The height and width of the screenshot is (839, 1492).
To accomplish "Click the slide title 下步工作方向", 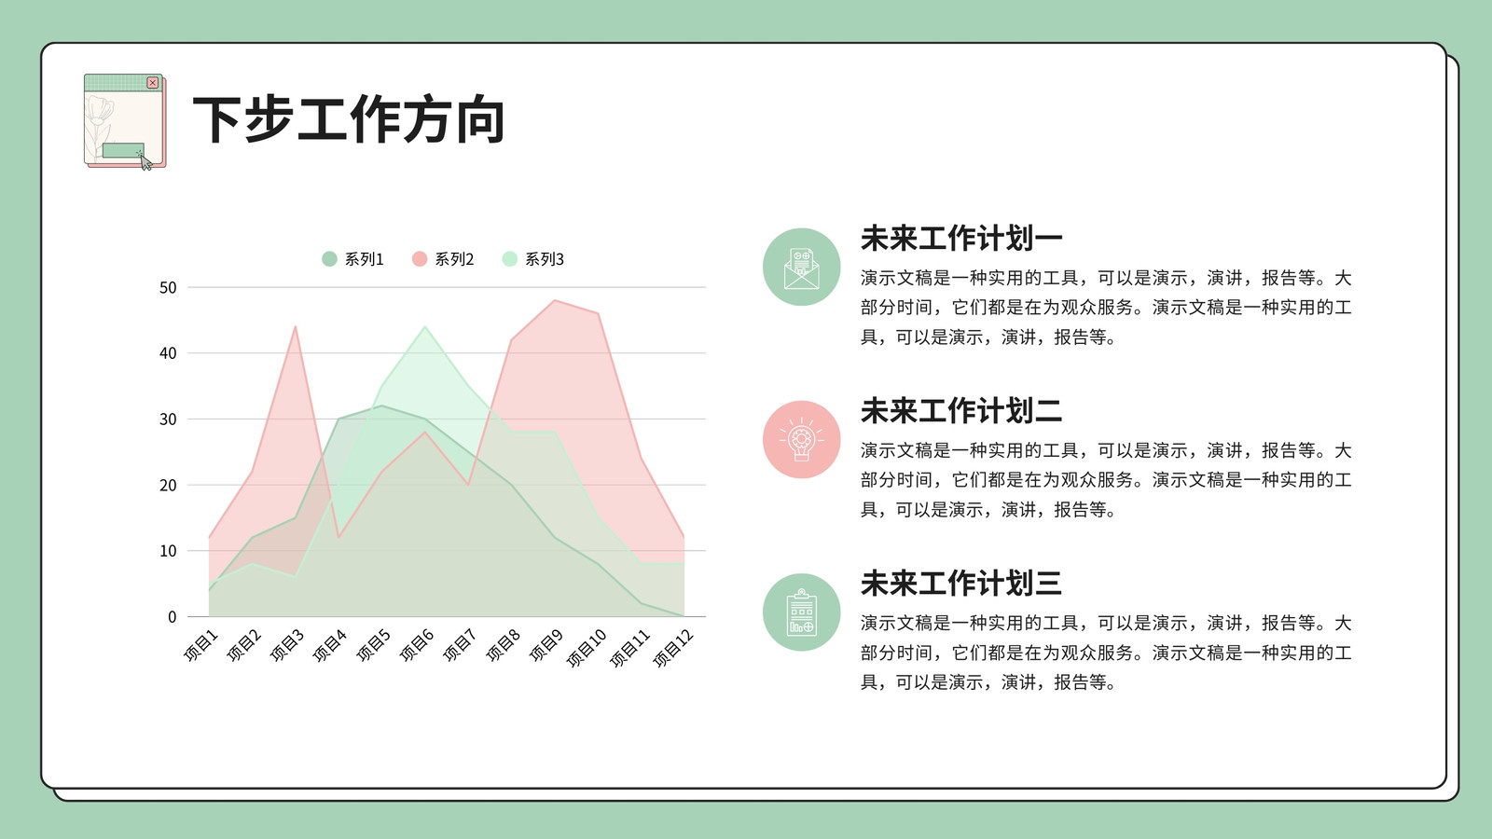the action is tap(349, 120).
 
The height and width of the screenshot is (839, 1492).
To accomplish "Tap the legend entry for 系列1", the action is tap(353, 259).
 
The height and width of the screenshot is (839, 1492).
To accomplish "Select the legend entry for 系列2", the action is tap(443, 259).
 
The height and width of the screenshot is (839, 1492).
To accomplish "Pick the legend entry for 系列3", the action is tap(532, 259).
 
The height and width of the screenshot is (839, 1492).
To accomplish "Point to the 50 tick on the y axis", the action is tap(168, 288).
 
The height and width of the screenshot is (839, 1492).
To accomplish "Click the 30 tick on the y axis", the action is tap(168, 419).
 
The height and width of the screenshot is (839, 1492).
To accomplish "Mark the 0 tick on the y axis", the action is tap(172, 617).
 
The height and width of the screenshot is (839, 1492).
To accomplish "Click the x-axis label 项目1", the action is tap(200, 645).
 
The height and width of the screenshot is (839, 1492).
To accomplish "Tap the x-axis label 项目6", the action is tap(416, 645).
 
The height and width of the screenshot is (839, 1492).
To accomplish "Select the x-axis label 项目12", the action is tap(672, 648).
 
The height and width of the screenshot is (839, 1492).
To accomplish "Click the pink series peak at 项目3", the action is tap(295, 326).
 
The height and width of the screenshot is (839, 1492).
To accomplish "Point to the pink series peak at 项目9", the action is tap(555, 300).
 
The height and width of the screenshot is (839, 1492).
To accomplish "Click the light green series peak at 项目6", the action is tap(425, 326).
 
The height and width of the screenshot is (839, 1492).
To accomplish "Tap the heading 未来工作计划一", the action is tap(961, 239).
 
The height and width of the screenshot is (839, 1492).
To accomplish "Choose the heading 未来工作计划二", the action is tap(961, 411).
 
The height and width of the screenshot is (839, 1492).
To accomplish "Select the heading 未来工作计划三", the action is tap(961, 584).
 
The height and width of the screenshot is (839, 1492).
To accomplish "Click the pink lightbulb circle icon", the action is tap(801, 439).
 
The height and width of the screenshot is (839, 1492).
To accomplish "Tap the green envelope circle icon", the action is tap(801, 267).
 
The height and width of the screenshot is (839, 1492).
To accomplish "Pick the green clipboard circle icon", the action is tap(801, 612).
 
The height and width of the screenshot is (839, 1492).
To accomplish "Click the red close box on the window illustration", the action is tap(153, 83).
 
